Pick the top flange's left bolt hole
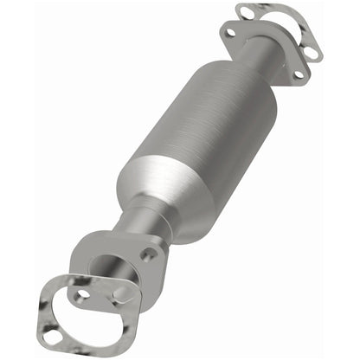point(229,34)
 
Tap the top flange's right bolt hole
point(299,74)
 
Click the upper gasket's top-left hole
point(247,12)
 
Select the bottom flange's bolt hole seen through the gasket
point(83,294)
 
